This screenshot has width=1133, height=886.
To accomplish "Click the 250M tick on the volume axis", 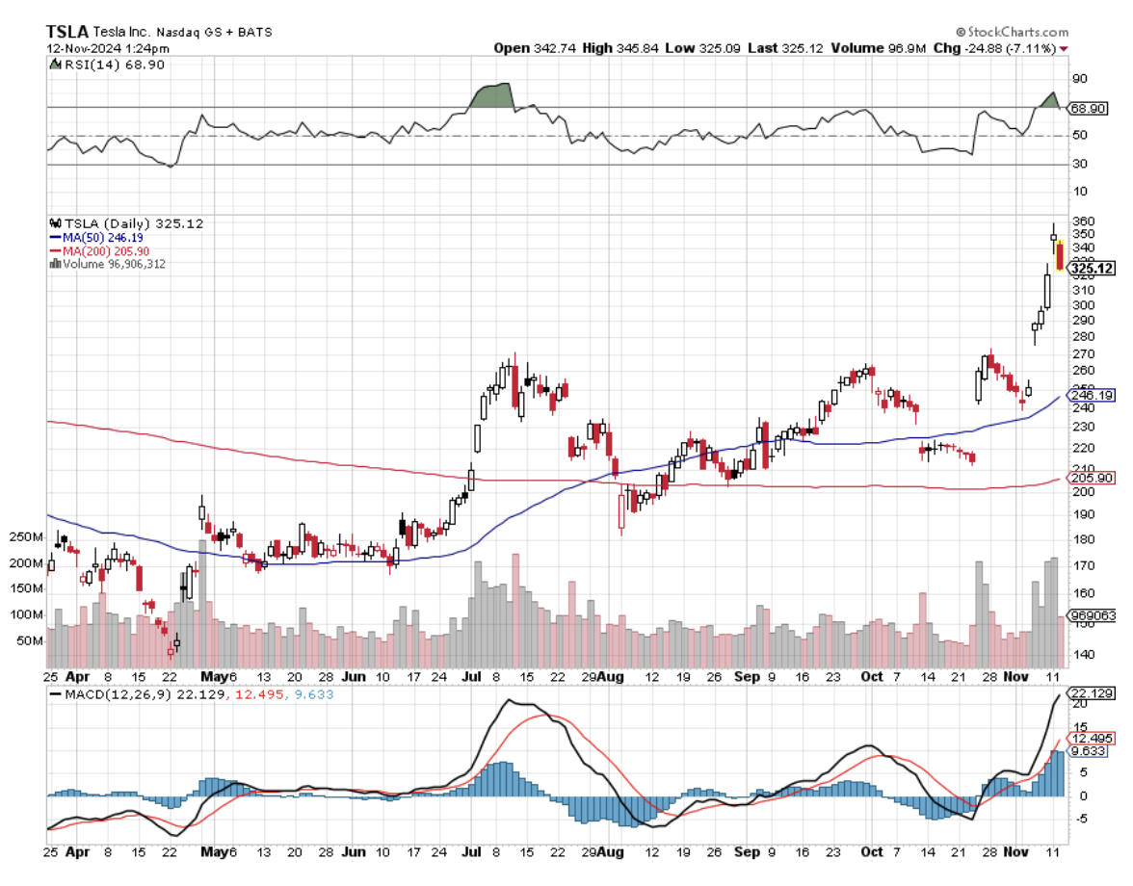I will (27, 536).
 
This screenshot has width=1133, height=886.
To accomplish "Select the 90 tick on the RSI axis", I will (1079, 79).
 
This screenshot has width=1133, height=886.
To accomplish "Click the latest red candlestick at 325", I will (1061, 256).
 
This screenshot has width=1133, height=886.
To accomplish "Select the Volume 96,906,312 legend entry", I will (108, 264).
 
